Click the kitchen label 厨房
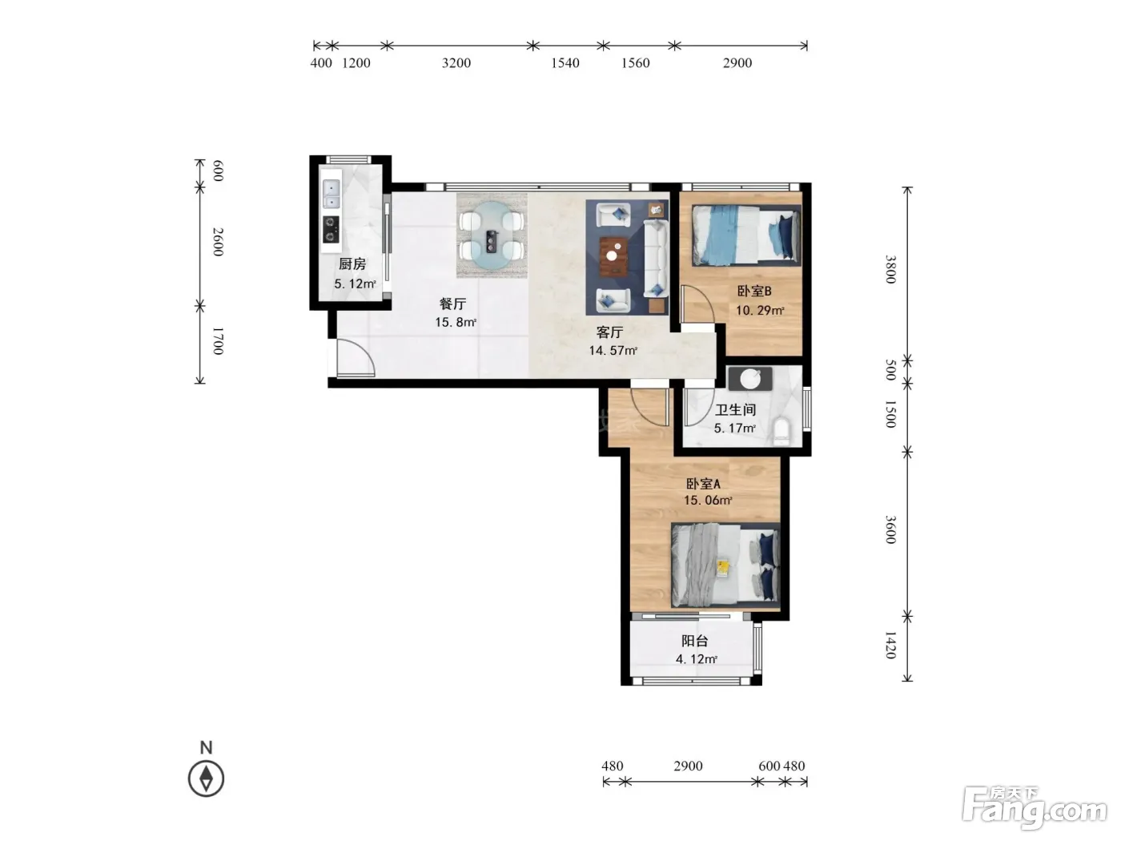pos(352,264)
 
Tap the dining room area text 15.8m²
pos(456,322)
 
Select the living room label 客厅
pos(609,332)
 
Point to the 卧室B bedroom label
pos(753,291)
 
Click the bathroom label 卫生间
pos(735,409)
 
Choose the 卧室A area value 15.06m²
pos(708,501)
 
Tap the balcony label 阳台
pos(694,641)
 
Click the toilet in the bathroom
pos(781,430)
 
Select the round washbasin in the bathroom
pos(750,379)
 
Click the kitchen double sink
pos(331,194)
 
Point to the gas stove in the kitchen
pos(331,229)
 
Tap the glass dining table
pos(492,235)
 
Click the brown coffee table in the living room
pos(613,256)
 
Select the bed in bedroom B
pos(745,235)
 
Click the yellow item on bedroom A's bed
pos(723,568)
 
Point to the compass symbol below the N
pos(206,779)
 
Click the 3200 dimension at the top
pos(456,62)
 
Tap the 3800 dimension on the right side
pos(890,269)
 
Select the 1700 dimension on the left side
pos(218,341)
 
